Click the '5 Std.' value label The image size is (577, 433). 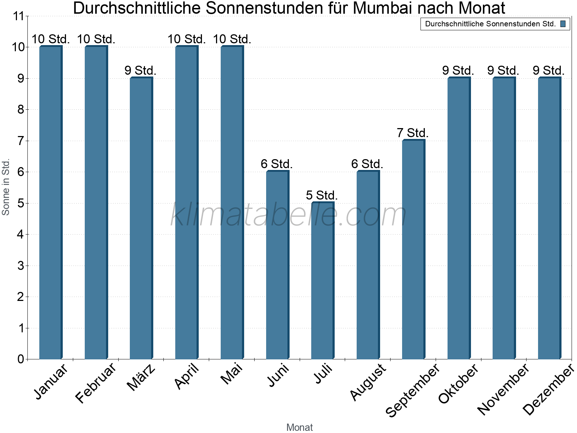322,195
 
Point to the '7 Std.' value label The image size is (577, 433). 413,133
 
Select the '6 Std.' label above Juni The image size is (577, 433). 277,164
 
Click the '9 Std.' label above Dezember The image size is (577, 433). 549,70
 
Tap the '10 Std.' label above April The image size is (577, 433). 186,39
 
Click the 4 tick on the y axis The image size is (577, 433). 21,235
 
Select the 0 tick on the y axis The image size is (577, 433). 21,359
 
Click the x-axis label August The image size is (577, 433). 368,382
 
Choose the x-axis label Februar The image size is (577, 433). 96,382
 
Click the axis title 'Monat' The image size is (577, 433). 299,427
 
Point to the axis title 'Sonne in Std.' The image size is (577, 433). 6,187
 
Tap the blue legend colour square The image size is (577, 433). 563,24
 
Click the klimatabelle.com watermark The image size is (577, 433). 288,215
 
